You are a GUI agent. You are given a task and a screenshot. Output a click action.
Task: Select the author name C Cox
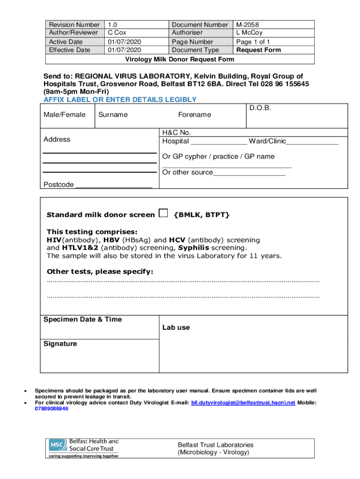[117, 33]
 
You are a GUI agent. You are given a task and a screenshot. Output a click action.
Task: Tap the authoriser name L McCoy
[249, 33]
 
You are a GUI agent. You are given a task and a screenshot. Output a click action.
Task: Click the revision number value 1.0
[113, 24]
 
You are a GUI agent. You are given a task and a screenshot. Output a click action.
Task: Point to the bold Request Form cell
[259, 50]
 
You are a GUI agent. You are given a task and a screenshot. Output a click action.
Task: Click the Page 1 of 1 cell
[253, 42]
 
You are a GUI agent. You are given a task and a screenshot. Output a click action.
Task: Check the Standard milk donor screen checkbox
[163, 213]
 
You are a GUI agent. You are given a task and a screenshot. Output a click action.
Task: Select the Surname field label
[113, 115]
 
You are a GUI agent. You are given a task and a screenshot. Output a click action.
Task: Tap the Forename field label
[194, 115]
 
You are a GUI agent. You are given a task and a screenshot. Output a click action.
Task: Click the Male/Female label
[65, 115]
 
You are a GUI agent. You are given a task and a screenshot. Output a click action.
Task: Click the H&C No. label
[177, 132]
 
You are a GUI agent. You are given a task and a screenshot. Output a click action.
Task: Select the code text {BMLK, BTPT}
[202, 215]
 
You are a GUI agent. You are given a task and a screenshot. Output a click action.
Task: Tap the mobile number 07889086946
[51, 409]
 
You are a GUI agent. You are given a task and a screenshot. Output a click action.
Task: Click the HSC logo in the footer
[57, 447]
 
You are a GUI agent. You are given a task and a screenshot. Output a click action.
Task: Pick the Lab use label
[176, 327]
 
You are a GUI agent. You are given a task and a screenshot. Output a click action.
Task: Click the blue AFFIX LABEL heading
[120, 100]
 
